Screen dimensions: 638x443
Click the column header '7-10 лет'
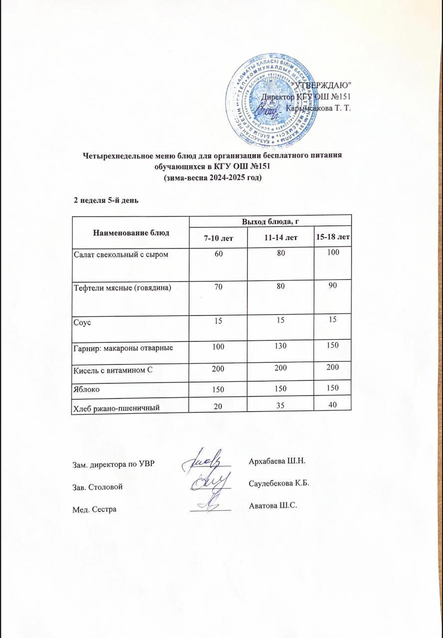point(218,238)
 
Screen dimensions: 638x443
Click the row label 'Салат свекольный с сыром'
point(121,255)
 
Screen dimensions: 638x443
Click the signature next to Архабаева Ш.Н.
point(205,461)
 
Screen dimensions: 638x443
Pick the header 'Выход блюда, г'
point(270,221)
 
